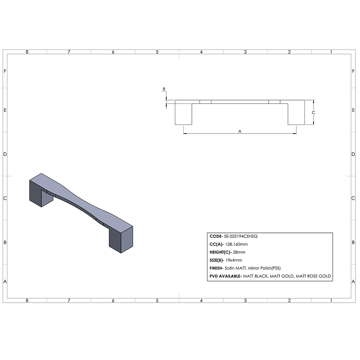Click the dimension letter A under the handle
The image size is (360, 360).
pos(240,131)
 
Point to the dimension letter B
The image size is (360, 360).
pos(164,89)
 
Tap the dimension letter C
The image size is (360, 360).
pos(314,112)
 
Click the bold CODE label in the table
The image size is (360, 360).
pos(216,236)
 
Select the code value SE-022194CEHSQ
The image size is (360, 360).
pos(241,236)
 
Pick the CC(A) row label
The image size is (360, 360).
pos(216,244)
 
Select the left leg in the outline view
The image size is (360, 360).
pos(183,114)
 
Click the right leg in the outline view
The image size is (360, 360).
pos(296,114)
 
